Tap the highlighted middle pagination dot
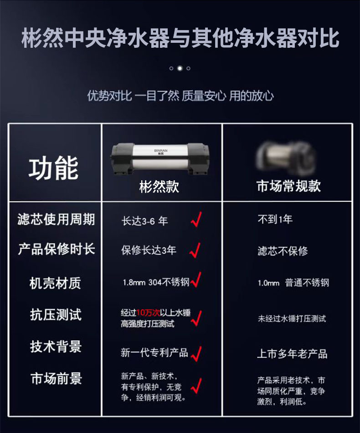coord(180,68)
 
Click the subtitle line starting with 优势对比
coord(180,96)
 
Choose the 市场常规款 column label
coord(288,187)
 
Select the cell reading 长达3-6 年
coord(145,221)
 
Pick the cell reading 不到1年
coord(275,219)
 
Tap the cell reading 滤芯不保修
coord(283,251)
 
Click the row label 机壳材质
coord(55,283)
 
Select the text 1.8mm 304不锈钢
coord(155,283)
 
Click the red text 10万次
coord(148,313)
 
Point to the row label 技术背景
coord(56,346)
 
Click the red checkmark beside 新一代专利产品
coord(196,353)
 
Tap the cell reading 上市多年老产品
coord(292,354)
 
